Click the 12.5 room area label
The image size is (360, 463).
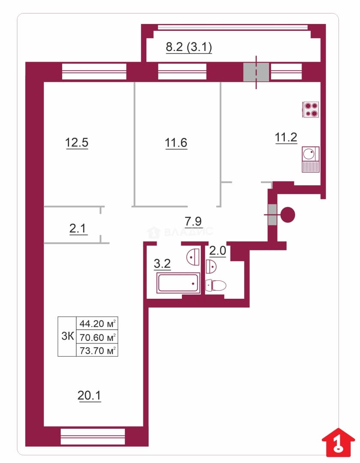(76, 143)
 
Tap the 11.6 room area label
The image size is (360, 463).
(176, 143)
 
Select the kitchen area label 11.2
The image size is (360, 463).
(286, 138)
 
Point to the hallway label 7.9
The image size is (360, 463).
(193, 221)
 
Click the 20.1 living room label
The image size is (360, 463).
(89, 395)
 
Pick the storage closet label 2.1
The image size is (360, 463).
(77, 228)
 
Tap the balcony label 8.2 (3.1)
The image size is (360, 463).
(189, 47)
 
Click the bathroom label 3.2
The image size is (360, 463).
(162, 263)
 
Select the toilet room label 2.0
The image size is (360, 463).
(218, 251)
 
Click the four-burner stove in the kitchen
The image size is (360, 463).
(311, 110)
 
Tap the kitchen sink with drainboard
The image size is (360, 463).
(311, 159)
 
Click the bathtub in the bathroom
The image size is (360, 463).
(178, 283)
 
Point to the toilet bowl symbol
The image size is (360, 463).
(216, 286)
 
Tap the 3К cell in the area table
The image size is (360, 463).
(67, 336)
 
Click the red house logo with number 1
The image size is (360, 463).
(338, 442)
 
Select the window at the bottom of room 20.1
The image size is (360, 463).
(93, 436)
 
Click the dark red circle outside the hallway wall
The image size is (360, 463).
(287, 215)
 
